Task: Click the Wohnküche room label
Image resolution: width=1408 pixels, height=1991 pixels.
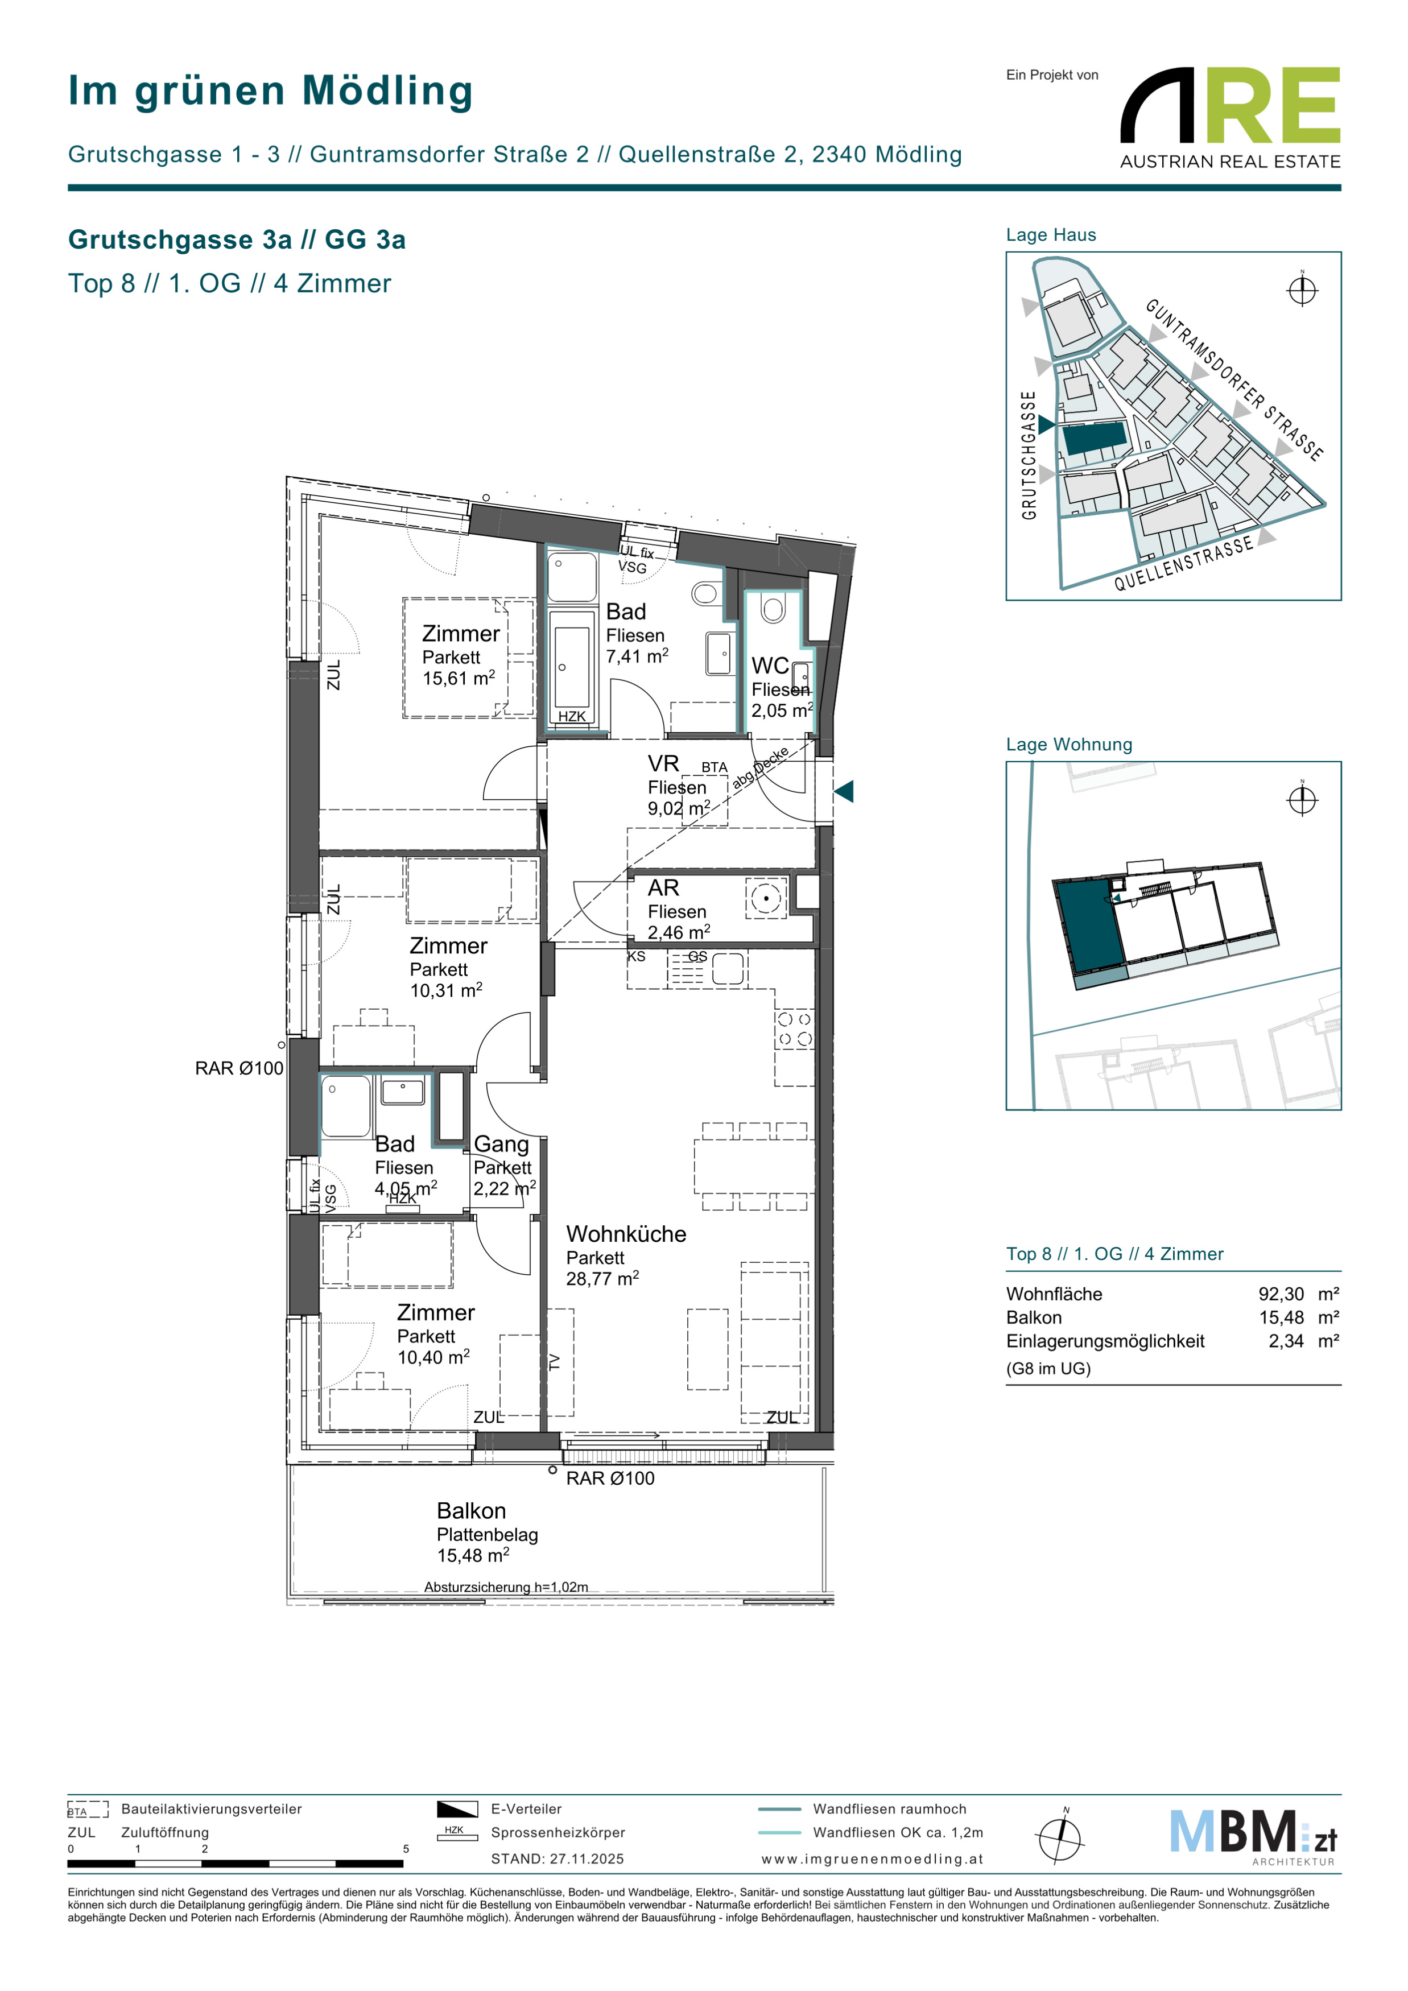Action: click(626, 1234)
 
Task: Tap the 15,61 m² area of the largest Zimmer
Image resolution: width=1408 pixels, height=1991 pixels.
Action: click(459, 678)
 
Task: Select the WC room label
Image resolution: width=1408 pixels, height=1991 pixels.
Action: click(770, 666)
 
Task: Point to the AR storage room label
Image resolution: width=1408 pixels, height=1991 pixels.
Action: click(663, 888)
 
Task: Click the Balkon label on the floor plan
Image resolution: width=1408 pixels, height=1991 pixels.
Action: click(471, 1510)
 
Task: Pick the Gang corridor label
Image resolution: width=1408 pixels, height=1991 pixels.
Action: click(501, 1145)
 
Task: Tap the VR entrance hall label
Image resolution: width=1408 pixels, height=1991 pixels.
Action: click(663, 764)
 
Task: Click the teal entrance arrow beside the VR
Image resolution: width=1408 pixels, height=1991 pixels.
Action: click(844, 791)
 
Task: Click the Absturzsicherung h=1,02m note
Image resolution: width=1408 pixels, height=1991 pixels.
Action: click(506, 1587)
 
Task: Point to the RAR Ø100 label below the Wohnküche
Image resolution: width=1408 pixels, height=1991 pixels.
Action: click(610, 1478)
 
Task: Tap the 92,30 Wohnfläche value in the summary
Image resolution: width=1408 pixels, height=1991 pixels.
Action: click(1281, 1294)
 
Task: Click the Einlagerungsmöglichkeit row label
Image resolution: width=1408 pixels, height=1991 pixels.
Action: click(1105, 1341)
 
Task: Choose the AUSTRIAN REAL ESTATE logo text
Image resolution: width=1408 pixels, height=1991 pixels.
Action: click(1231, 162)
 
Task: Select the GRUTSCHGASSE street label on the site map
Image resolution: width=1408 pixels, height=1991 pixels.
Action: click(1029, 455)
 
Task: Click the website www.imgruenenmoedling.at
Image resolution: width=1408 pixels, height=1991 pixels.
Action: click(872, 1859)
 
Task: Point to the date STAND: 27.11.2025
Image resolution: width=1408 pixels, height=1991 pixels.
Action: click(558, 1859)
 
